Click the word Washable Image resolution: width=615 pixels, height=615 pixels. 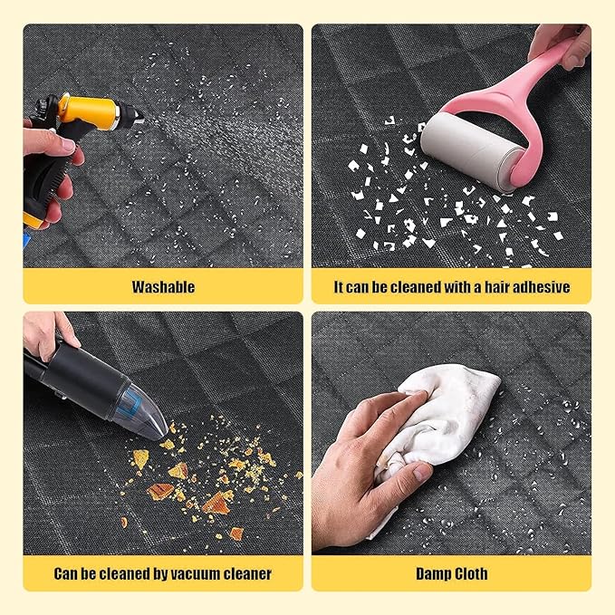tap(163, 287)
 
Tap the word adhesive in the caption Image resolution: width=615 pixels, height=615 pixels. tap(540, 287)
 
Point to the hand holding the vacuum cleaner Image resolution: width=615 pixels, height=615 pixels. tap(41, 335)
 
